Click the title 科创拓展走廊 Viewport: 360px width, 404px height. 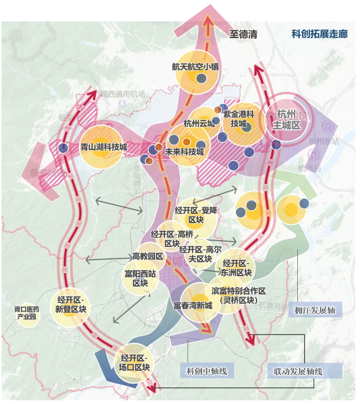tap(319, 34)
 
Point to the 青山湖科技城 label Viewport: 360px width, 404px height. tap(103, 147)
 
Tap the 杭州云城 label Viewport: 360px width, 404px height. tap(199, 124)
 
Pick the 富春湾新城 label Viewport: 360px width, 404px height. tap(192, 304)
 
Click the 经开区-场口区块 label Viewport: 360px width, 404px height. tap(135, 362)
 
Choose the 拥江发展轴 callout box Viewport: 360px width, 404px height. tap(315, 310)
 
